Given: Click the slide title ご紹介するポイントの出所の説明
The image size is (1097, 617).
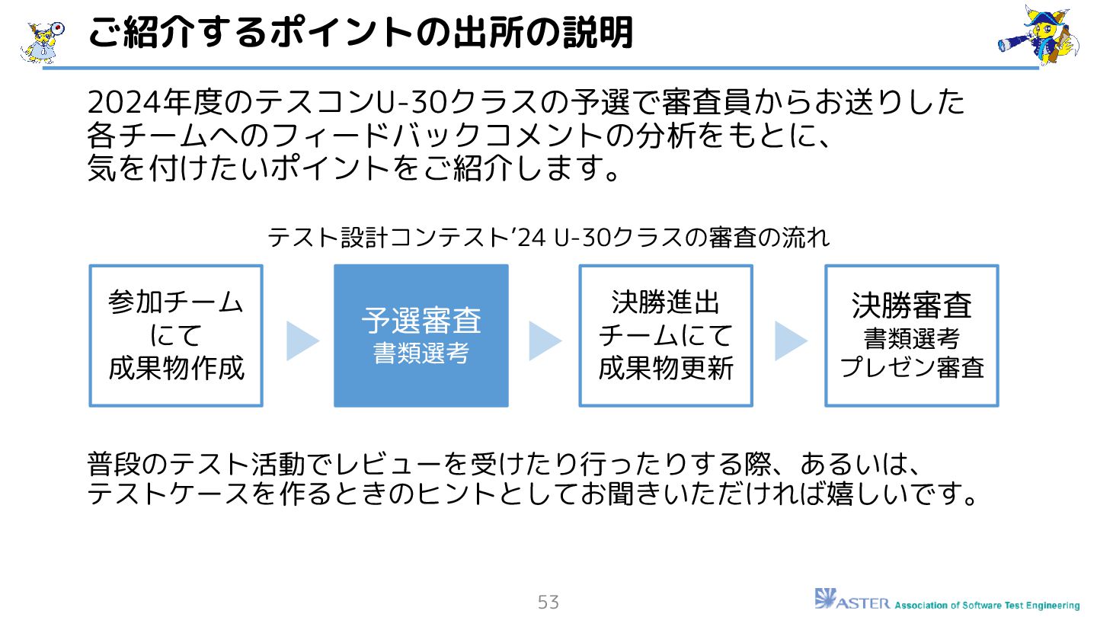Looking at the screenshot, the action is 360,34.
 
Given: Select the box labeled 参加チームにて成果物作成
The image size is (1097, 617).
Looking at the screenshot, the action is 176,335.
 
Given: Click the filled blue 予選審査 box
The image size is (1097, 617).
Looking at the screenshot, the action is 421,335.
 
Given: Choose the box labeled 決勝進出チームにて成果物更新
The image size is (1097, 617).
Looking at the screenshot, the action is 666,335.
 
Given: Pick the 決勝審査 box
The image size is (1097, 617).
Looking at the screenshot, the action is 912,335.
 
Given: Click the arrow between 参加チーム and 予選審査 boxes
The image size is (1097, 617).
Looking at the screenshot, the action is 302,340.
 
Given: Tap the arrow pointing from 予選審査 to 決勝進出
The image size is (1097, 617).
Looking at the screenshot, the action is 545,340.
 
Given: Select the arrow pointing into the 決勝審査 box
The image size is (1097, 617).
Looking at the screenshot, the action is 791,340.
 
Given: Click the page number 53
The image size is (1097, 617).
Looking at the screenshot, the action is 548,603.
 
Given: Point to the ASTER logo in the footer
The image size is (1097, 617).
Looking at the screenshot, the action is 851,600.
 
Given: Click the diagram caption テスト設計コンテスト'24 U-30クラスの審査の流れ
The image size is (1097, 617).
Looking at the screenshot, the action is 548,238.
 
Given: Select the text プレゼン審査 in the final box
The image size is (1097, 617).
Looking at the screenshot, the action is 912,368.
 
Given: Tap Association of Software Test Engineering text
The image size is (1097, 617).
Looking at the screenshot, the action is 987,605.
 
